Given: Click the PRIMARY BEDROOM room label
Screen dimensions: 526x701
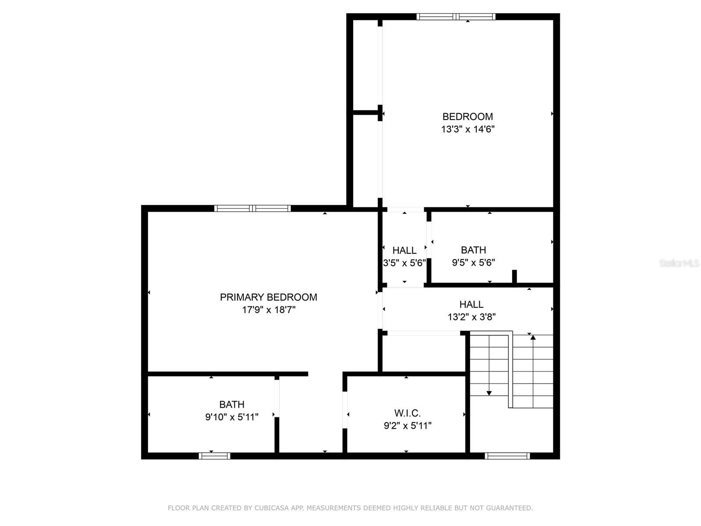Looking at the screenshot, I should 268,297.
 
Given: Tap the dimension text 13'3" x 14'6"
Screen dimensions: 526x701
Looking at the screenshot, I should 467,129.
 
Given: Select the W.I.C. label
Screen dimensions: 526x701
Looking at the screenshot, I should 407,413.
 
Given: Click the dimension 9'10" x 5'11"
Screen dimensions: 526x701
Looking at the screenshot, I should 232,417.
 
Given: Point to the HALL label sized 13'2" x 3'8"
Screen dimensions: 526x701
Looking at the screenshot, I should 471,304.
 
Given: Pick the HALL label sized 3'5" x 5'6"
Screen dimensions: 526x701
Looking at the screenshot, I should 404,250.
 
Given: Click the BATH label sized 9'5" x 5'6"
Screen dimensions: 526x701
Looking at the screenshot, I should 473,250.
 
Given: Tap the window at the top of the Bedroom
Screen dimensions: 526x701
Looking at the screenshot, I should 456,17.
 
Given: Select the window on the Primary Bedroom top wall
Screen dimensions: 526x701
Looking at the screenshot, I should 252,208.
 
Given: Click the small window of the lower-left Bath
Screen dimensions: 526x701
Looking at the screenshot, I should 214,456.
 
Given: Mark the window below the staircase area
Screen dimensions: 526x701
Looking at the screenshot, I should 507,456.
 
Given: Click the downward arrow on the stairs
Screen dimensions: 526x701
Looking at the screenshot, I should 489,393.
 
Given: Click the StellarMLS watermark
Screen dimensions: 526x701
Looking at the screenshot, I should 679,263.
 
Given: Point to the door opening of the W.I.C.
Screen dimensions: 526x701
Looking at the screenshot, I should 345,409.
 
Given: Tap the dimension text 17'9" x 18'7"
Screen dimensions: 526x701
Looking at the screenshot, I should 269,310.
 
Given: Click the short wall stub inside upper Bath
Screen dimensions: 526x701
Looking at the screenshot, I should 514,277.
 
